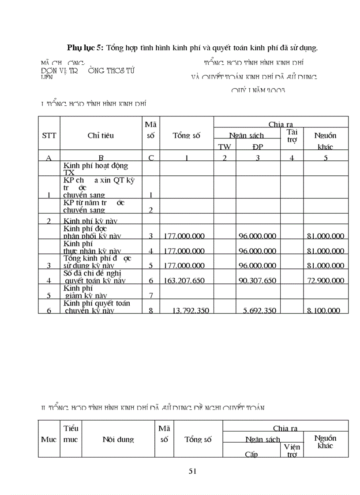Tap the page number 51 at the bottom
[x=192, y=471]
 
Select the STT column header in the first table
[x=49, y=135]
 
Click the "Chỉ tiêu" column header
[x=101, y=135]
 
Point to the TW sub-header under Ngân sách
[x=225, y=147]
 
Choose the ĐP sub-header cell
[x=258, y=147]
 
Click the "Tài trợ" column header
[x=292, y=135]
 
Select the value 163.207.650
[x=184, y=280]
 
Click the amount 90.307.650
[x=258, y=280]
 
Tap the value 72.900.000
[x=325, y=280]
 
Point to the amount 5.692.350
[x=260, y=310]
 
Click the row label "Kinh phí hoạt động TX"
[x=96, y=169]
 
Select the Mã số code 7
[x=151, y=295]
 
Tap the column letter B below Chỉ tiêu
[x=101, y=158]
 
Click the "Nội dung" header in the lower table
[x=118, y=439]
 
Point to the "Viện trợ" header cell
[x=292, y=450]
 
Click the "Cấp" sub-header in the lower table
[x=251, y=454]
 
